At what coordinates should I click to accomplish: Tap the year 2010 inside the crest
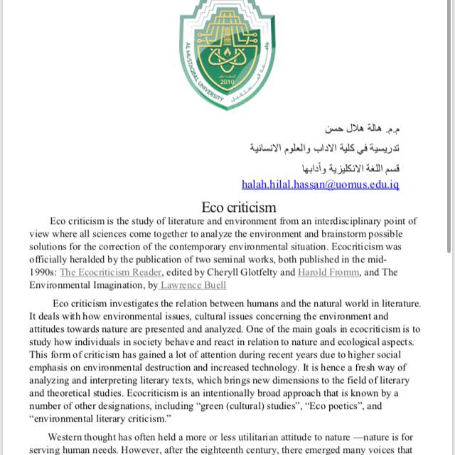(227, 81)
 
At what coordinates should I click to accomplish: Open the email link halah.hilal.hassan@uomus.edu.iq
(321, 184)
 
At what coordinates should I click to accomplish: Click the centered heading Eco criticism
(238, 208)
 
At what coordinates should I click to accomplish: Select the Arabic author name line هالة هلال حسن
(363, 129)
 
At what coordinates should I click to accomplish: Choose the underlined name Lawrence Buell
(193, 285)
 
